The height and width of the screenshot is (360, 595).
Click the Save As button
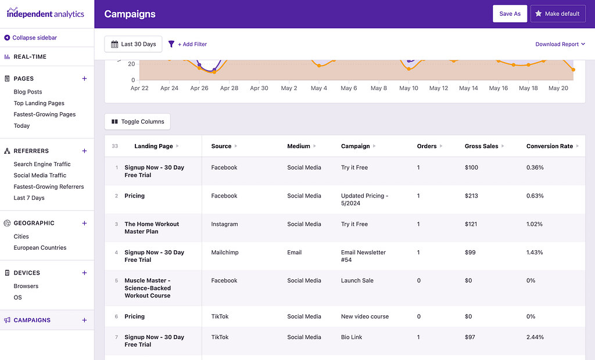click(510, 14)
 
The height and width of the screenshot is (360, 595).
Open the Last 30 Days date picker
click(133, 44)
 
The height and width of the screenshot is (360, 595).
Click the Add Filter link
click(188, 44)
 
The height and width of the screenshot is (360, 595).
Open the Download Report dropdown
click(560, 44)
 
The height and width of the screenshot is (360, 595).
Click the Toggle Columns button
click(137, 122)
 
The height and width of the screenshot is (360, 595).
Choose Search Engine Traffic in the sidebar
click(42, 164)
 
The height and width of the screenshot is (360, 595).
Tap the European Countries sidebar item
click(40, 248)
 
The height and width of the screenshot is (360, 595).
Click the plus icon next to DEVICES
click(84, 273)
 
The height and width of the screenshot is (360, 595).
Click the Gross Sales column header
click(481, 146)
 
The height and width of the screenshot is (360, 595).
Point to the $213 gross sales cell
click(471, 196)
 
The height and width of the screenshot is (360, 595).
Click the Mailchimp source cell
click(225, 253)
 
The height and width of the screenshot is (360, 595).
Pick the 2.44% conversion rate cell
click(535, 337)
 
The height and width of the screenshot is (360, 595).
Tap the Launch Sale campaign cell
click(357, 281)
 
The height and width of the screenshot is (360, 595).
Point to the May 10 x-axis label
click(408, 88)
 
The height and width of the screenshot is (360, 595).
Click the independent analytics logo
click(45, 13)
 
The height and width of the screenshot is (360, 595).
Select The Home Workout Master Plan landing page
click(152, 228)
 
